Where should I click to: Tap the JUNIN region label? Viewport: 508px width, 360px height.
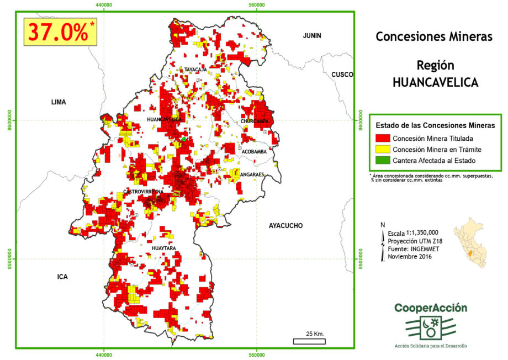coord(311,36)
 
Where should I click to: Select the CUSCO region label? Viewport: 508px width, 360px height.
coord(342,75)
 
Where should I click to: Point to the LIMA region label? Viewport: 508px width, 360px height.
coord(58,102)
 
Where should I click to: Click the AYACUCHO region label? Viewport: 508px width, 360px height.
coord(287,226)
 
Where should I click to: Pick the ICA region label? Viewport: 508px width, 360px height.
coord(62,277)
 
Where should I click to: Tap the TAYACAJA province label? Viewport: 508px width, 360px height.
coord(195,70)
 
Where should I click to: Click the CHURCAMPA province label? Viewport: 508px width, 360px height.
coord(254,121)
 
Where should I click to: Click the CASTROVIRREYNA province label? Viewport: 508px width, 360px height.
coord(144,192)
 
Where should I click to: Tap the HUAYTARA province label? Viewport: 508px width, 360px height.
coord(163,248)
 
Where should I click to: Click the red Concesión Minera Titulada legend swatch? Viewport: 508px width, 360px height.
coord(382,138)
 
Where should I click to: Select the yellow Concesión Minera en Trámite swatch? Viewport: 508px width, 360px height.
coord(382,149)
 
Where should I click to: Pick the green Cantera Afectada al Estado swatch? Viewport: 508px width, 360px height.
coord(382,160)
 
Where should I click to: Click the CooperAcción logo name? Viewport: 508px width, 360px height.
coord(431,308)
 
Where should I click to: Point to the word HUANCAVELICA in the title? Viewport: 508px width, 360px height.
coord(435,82)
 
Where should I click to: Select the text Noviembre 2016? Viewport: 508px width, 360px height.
coord(409,256)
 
